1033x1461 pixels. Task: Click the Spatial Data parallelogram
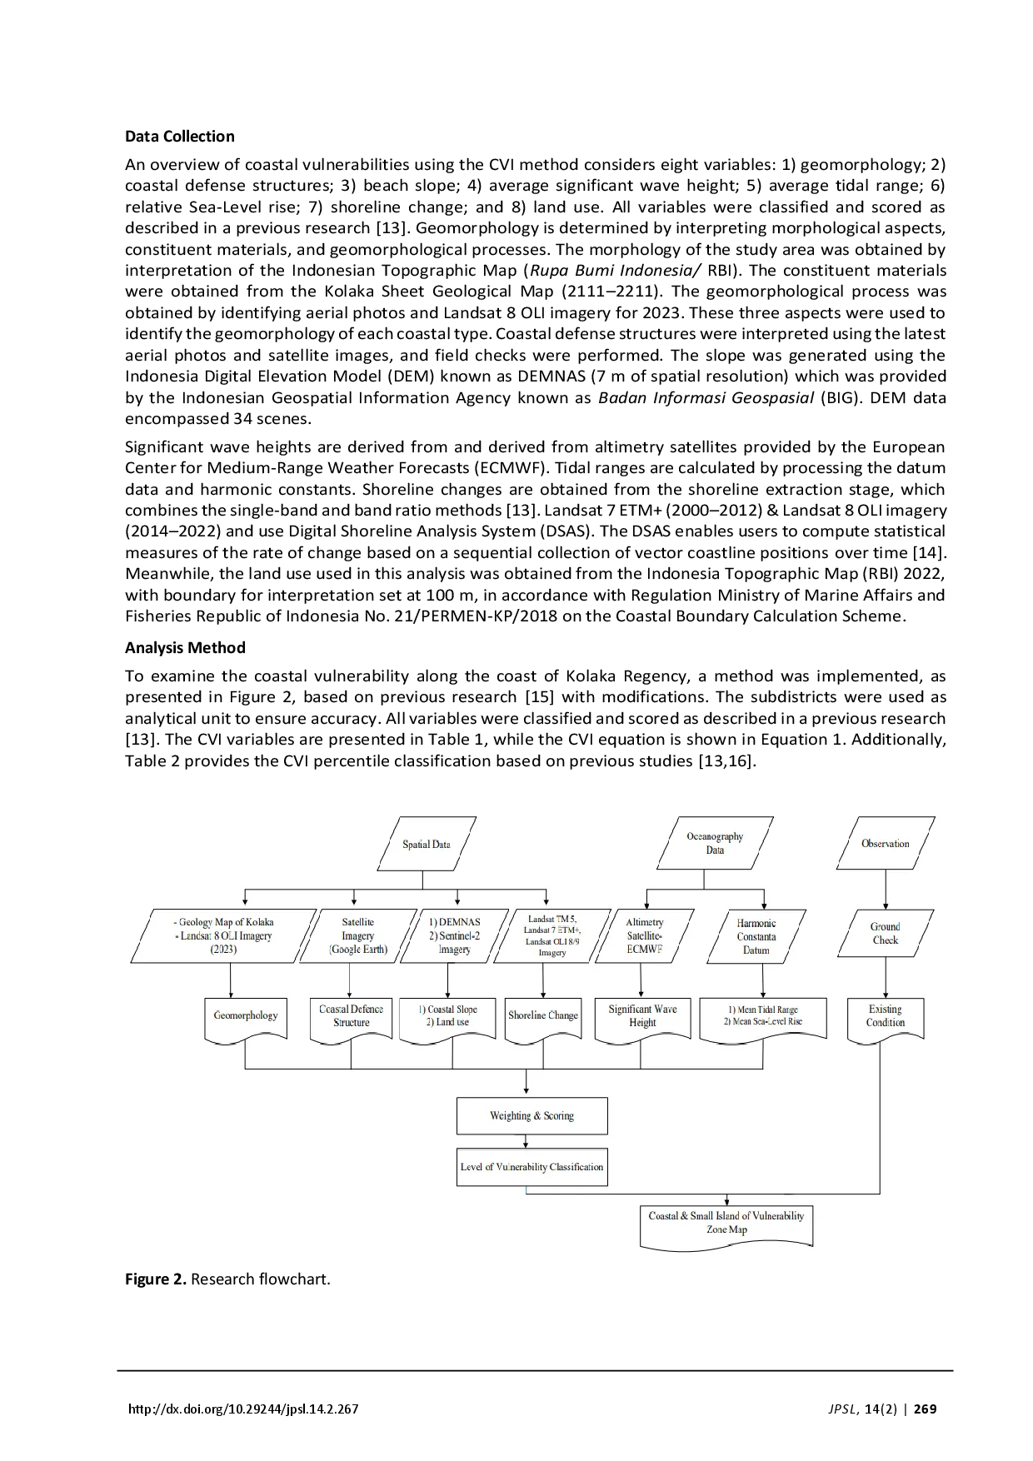pyautogui.click(x=427, y=844)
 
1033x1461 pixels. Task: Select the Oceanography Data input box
pyautogui.click(x=715, y=843)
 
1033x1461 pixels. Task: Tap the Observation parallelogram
pyautogui.click(x=885, y=843)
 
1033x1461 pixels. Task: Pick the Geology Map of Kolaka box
pyautogui.click(x=224, y=935)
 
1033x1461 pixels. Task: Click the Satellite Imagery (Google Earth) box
pyautogui.click(x=358, y=935)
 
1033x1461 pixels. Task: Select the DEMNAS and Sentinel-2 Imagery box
pyautogui.click(x=454, y=935)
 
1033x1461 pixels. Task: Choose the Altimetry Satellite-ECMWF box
pyautogui.click(x=644, y=935)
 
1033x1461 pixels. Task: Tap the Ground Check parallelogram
pyautogui.click(x=885, y=933)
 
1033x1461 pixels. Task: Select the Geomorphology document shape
pyautogui.click(x=246, y=1016)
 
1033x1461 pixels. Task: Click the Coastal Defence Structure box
pyautogui.click(x=351, y=1016)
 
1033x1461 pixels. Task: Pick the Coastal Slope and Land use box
pyautogui.click(x=452, y=1016)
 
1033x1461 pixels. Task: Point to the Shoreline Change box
pyautogui.click(x=543, y=1016)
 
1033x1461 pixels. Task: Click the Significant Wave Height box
pyautogui.click(x=642, y=1016)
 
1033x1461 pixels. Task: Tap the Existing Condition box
pyautogui.click(x=885, y=1016)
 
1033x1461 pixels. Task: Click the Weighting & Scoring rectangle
pyautogui.click(x=531, y=1116)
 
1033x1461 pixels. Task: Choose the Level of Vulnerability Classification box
pyautogui.click(x=531, y=1167)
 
